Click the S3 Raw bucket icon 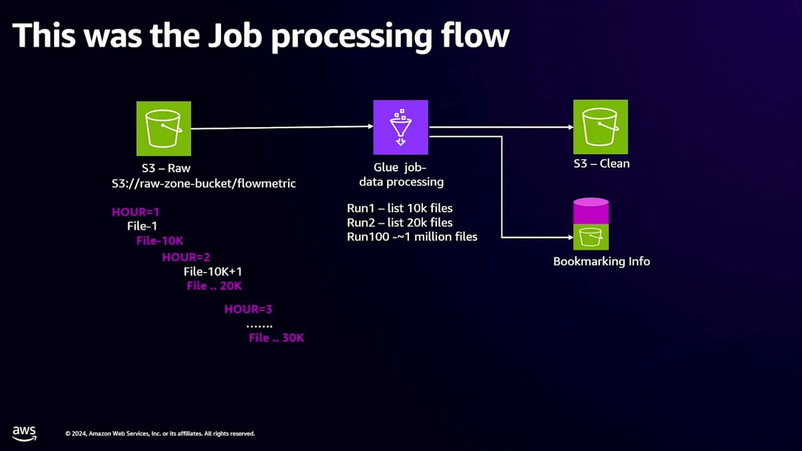point(164,128)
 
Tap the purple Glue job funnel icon point(400,128)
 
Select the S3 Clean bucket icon point(600,127)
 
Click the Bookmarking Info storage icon point(591,224)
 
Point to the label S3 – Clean point(601,164)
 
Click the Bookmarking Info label point(601,261)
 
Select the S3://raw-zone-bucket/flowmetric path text point(204,184)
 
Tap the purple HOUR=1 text point(135,212)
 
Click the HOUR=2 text point(186,257)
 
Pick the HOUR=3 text point(248,309)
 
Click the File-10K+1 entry point(213,272)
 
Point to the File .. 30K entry point(277,337)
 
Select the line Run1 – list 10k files point(400,208)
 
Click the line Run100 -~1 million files point(412,237)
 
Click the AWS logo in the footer point(24,434)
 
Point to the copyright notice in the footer point(160,434)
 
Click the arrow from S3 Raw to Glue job point(282,128)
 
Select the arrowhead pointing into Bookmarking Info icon point(570,237)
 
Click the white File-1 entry point(142,226)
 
